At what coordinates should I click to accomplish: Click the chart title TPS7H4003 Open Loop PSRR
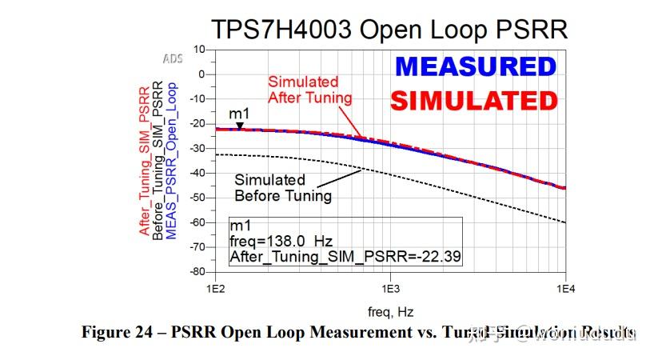(389, 30)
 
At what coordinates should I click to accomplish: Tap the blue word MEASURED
(475, 66)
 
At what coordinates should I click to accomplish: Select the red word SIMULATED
(473, 101)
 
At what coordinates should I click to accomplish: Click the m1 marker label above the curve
(238, 114)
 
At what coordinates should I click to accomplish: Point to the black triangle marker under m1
(238, 125)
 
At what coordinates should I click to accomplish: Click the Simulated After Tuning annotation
(309, 90)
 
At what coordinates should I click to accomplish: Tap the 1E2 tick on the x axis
(214, 286)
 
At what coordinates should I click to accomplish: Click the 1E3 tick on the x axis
(390, 286)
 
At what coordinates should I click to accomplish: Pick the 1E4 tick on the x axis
(565, 286)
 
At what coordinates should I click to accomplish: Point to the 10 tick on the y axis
(199, 50)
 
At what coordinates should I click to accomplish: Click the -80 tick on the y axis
(196, 272)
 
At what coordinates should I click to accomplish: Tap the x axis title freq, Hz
(390, 310)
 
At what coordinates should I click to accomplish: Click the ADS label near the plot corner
(173, 59)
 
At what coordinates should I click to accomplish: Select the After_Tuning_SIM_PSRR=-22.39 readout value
(345, 257)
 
